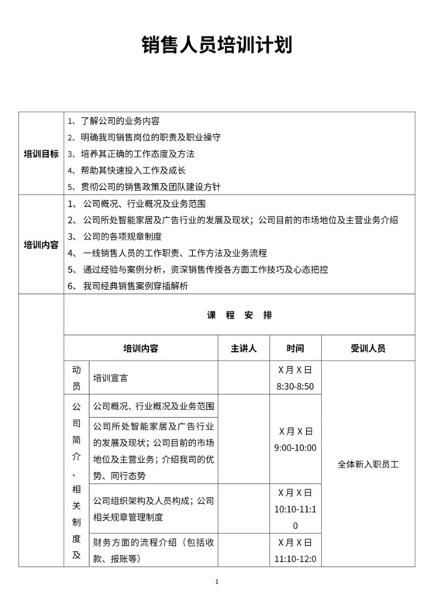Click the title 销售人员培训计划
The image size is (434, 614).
click(216, 44)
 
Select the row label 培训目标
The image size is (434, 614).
click(41, 153)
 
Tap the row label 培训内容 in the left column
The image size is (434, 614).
click(41, 244)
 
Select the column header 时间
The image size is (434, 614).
click(294, 348)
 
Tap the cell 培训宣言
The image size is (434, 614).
click(111, 379)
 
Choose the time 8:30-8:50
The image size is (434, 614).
click(294, 386)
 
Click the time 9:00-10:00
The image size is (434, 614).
click(294, 448)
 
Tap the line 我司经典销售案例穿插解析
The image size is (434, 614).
click(138, 285)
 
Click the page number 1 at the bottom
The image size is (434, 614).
click(217, 583)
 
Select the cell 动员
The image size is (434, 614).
click(76, 378)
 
